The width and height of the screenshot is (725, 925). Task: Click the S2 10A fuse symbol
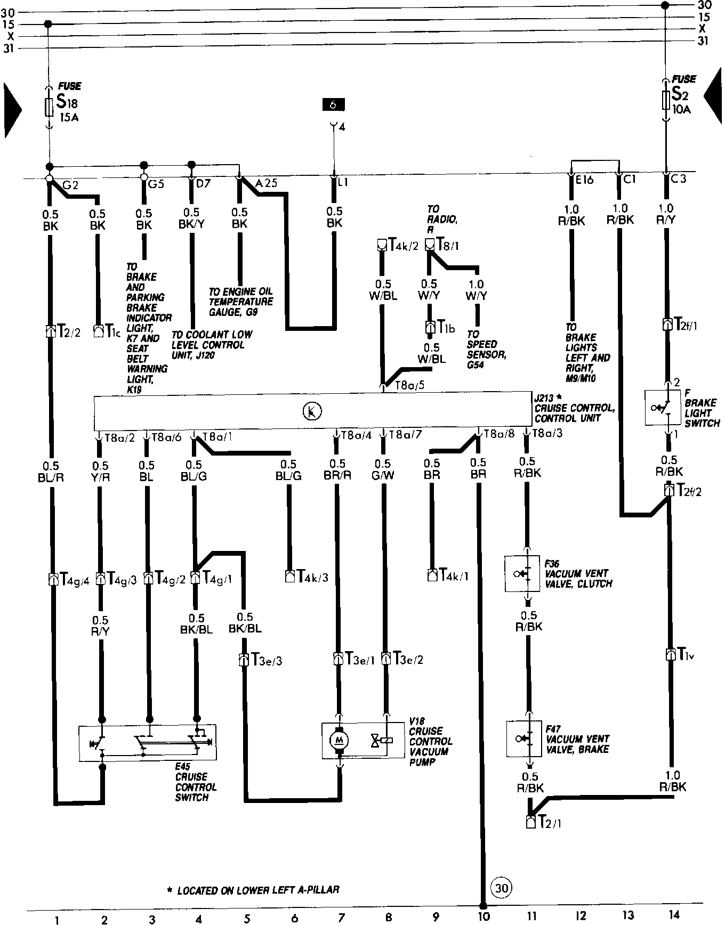(x=665, y=100)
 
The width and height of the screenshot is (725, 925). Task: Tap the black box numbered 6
(x=333, y=104)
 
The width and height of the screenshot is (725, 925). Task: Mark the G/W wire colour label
(x=383, y=475)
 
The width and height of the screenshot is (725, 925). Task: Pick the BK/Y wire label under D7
(x=191, y=224)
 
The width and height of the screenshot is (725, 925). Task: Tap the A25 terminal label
(x=266, y=183)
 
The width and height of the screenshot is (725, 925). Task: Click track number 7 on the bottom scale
(x=341, y=916)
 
